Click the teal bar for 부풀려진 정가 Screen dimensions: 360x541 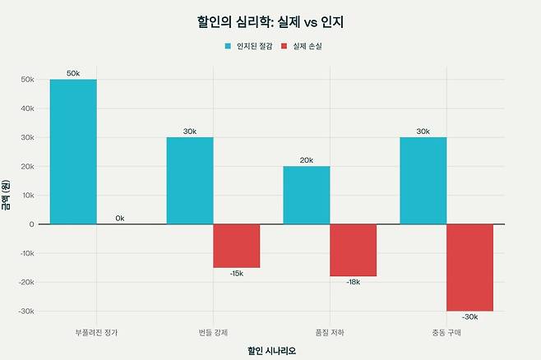[x=73, y=151]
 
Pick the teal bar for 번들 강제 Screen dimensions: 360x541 [x=189, y=180]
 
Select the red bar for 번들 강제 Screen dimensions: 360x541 [x=236, y=245]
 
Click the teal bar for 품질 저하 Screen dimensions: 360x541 [x=306, y=195]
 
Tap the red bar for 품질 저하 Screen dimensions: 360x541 [x=353, y=250]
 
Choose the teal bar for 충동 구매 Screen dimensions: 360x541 [x=423, y=180]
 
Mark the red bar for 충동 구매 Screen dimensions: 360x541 [x=469, y=267]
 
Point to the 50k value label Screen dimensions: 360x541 [x=73, y=74]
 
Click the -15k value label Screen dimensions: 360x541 [x=236, y=273]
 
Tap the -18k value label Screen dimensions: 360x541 [x=353, y=282]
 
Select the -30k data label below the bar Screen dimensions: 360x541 [x=469, y=316]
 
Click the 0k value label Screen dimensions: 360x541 [x=120, y=218]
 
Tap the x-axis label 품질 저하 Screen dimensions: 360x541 [x=306, y=332]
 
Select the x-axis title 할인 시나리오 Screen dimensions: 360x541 [x=271, y=350]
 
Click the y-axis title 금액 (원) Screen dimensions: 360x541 [x=7, y=196]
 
